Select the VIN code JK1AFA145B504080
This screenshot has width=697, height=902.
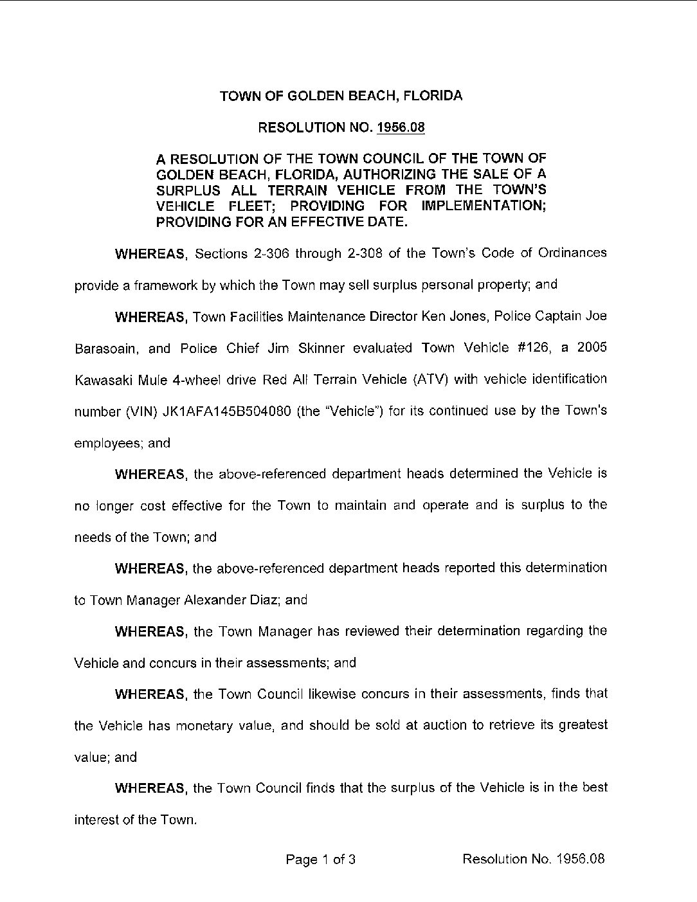(x=218, y=411)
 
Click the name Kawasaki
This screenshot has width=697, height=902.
(x=104, y=379)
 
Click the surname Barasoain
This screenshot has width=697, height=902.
(x=105, y=348)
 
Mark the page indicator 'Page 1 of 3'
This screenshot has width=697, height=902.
(x=321, y=859)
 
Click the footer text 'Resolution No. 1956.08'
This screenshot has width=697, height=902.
(x=533, y=859)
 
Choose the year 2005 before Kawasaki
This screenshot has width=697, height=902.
(x=592, y=348)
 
